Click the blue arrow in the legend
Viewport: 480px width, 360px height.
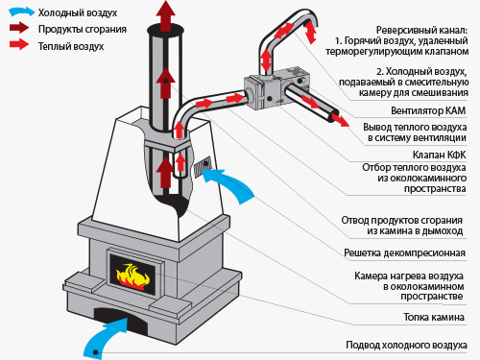coord(21,12)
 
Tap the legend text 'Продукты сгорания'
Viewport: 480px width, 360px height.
coord(83,29)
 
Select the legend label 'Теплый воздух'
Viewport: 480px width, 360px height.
coord(71,46)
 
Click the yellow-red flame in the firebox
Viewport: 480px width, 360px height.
coord(132,276)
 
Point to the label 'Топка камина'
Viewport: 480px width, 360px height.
coord(434,317)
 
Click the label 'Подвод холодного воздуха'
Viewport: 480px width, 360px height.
coord(406,345)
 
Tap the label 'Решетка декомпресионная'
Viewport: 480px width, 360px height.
coord(404,252)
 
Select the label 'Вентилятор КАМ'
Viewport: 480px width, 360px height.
coord(428,110)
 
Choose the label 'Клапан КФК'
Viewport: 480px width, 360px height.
coord(439,155)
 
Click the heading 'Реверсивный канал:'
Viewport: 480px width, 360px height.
coord(421,31)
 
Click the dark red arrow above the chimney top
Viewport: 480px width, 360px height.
coord(165,15)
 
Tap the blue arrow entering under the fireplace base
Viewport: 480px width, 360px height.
coord(104,338)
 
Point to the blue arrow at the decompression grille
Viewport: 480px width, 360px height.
coord(228,185)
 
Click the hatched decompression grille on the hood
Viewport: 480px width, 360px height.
coord(203,166)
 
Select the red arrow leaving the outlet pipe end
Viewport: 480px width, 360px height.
coord(341,120)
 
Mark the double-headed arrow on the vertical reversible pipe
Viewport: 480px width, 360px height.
coord(266,60)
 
